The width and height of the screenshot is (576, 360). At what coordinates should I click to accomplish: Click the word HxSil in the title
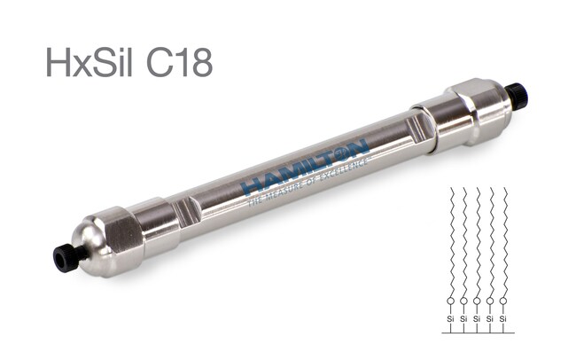coord(89,62)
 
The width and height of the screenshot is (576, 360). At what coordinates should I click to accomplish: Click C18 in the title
coord(180,62)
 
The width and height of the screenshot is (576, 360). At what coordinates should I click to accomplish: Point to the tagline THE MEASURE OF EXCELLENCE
coord(307,181)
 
